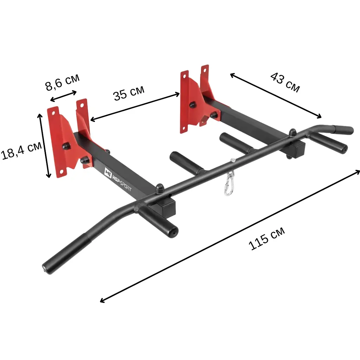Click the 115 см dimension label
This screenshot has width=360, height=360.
pos(266,238)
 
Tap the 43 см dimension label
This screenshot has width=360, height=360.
pos(285,82)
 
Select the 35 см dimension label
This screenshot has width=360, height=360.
pos(129,93)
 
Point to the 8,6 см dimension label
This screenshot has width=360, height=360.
pos(63,82)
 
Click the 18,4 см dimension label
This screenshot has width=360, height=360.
pos(21,150)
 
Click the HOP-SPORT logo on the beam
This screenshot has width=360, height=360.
pos(118,179)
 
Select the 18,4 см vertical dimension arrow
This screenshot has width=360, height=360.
pos(44,146)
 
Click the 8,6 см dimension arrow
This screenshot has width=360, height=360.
pos(63,96)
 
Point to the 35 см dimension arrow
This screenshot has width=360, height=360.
pos(135,107)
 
